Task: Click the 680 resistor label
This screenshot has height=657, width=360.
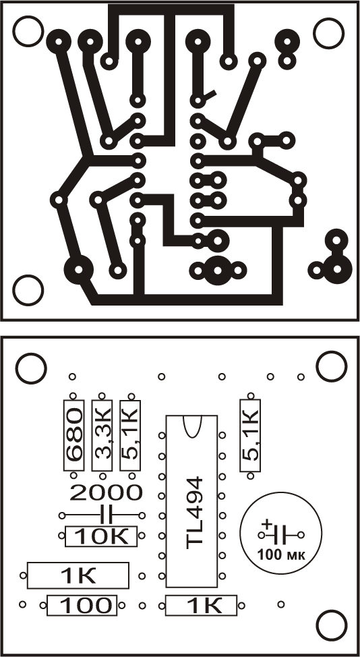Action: tap(74, 436)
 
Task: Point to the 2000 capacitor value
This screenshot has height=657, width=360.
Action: tap(105, 492)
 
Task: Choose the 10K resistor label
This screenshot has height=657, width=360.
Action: tap(101, 536)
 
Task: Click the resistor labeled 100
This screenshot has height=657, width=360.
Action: tap(82, 606)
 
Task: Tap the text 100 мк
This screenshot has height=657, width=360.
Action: tap(282, 555)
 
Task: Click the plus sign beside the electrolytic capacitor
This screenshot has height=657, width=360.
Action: tap(266, 524)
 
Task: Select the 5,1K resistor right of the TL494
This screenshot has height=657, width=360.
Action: tap(250, 436)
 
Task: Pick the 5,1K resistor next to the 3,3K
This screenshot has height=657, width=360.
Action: tap(130, 436)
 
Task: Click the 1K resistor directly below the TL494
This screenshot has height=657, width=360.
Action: tap(201, 606)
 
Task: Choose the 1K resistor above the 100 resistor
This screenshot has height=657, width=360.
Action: tap(78, 575)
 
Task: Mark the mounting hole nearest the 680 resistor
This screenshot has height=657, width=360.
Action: tap(30, 368)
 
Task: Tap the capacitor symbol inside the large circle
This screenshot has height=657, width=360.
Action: tap(281, 535)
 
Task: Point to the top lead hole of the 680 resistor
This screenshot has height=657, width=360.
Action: tap(73, 395)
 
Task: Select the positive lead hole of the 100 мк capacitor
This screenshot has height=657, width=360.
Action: tap(262, 535)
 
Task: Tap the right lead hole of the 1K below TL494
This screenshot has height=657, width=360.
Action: tap(241, 605)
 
